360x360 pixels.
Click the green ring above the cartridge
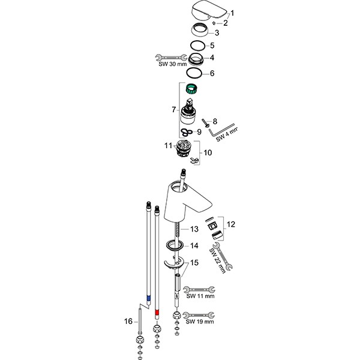coord(191,89)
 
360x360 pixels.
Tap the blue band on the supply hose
coord(148,298)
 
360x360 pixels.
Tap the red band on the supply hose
coord(157,312)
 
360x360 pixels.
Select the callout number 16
coord(128,321)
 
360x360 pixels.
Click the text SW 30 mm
coord(173,64)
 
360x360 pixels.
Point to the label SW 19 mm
coord(200,322)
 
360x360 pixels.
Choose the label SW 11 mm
coord(200,296)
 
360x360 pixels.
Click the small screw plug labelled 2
coord(214,23)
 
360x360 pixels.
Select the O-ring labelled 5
coord(197,46)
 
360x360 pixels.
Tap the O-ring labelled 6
coord(194,73)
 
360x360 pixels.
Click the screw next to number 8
coord(205,122)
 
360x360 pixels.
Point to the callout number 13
coord(194,229)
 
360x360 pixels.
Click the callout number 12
coord(231,224)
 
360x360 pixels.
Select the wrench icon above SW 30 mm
coord(171,58)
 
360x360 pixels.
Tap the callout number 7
coord(174,110)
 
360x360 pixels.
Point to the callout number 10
coord(208,152)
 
